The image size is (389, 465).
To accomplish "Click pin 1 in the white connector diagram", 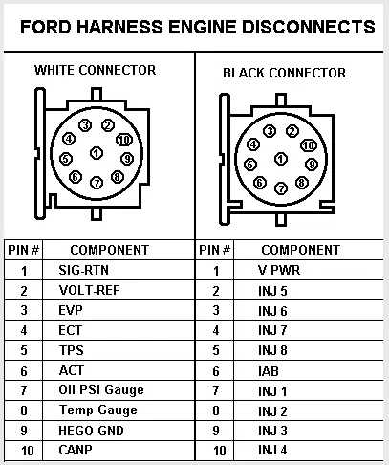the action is (97, 153).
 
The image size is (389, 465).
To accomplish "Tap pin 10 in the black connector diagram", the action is (309, 145).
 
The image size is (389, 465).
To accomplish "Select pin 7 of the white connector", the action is (97, 183).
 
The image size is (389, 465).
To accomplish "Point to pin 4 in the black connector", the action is (253, 144).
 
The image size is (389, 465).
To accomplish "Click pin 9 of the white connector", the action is (127, 159).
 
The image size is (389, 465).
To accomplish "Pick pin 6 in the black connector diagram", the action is (260, 183).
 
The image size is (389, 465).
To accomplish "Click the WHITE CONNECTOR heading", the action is (96, 70).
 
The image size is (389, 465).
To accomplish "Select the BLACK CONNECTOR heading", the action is (285, 73).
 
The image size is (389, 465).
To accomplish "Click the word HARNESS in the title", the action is (119, 27).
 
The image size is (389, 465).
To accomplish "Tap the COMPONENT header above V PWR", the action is (301, 250).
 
